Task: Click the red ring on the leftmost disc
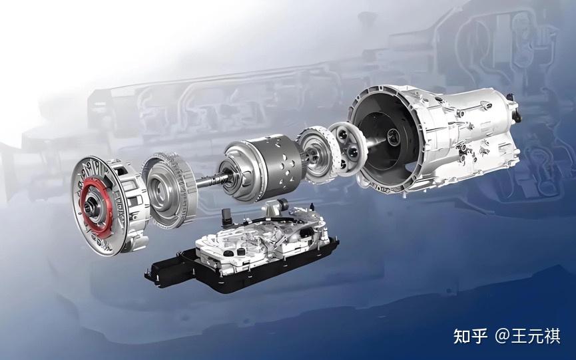(x=86, y=191)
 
